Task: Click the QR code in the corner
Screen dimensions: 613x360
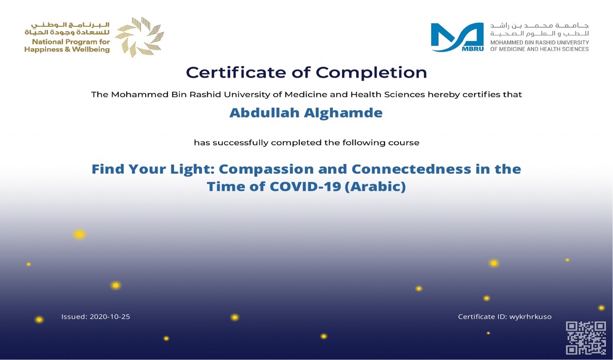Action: (586, 338)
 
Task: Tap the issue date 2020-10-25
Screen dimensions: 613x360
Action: (110, 317)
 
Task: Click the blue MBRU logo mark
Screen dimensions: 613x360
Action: (457, 37)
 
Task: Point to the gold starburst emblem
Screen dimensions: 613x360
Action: (139, 37)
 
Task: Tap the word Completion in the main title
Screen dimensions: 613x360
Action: (372, 73)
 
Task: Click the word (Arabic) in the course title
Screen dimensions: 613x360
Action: (375, 187)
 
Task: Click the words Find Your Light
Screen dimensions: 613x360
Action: (153, 170)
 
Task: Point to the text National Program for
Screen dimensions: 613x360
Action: (71, 42)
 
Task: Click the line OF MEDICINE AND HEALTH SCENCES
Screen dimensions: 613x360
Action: (540, 49)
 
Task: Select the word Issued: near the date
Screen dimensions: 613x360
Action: (74, 317)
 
